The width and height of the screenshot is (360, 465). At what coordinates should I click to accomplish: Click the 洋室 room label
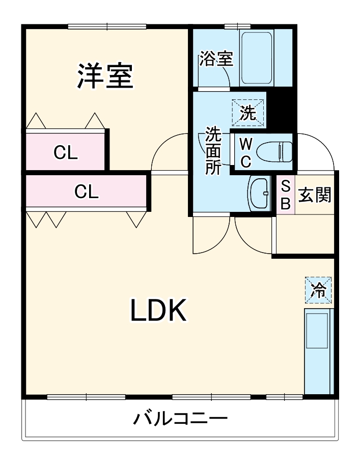coord(105,76)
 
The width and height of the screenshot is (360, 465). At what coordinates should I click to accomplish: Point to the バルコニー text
coord(180,419)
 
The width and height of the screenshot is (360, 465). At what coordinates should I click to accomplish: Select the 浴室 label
coord(216,59)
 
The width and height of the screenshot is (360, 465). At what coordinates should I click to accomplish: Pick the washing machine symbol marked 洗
coord(248,113)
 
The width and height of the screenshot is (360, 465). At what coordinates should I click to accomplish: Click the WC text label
coord(245,152)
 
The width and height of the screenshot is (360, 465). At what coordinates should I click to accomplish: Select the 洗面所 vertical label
coord(212,151)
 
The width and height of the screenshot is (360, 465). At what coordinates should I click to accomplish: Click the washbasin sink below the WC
coord(260,193)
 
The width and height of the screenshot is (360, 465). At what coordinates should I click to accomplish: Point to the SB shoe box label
coord(286,195)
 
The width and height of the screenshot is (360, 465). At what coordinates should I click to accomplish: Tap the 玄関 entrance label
coord(315,195)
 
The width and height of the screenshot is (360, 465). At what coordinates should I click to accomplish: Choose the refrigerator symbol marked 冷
coord(318,290)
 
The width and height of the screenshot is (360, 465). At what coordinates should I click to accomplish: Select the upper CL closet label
coord(66,152)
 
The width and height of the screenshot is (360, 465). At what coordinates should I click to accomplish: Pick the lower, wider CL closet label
coord(87,192)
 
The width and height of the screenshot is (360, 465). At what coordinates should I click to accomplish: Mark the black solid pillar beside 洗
coord(280,110)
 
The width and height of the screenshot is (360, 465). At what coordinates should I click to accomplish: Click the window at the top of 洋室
coord(107,26)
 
